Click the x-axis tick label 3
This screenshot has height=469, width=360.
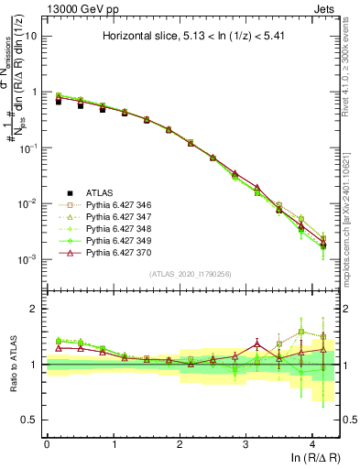coord(245,443)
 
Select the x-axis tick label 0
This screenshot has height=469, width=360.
coord(47,443)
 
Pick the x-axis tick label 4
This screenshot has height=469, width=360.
coord(312,443)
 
